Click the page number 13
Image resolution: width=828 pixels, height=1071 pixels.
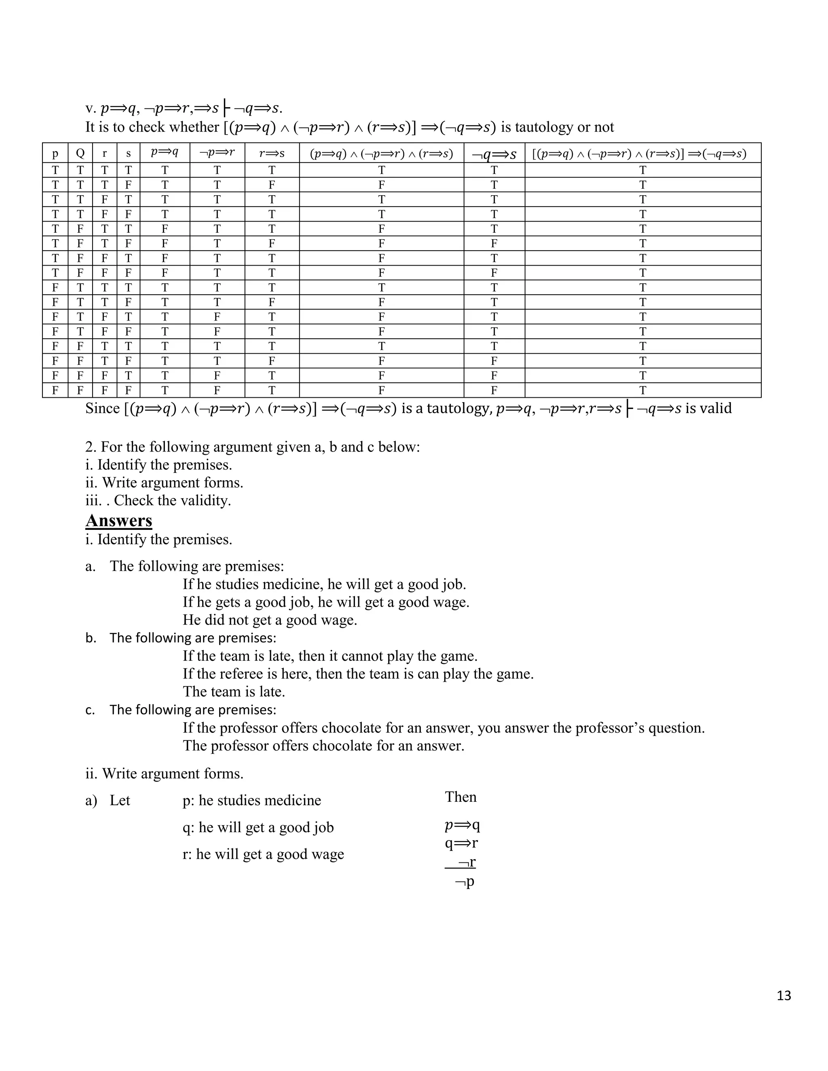pyautogui.click(x=784, y=995)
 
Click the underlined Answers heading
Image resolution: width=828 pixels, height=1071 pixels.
pyautogui.click(x=119, y=520)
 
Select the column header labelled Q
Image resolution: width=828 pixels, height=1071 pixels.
pyautogui.click(x=80, y=154)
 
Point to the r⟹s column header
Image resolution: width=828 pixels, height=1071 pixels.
pyautogui.click(x=272, y=154)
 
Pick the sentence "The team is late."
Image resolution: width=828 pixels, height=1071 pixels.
pyautogui.click(x=234, y=692)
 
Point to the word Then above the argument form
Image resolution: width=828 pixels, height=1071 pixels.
pyautogui.click(x=460, y=797)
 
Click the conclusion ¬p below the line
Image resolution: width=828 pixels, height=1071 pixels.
pyautogui.click(x=465, y=882)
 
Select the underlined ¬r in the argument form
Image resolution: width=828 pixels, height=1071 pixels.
pyautogui.click(x=467, y=862)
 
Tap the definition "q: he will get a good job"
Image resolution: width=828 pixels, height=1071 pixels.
pyautogui.click(x=258, y=827)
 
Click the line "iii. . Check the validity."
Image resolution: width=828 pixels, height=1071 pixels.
pyautogui.click(x=158, y=500)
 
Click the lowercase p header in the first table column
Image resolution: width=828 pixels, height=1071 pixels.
pyautogui.click(x=55, y=154)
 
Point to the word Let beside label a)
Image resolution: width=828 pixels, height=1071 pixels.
pyautogui.click(x=120, y=800)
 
